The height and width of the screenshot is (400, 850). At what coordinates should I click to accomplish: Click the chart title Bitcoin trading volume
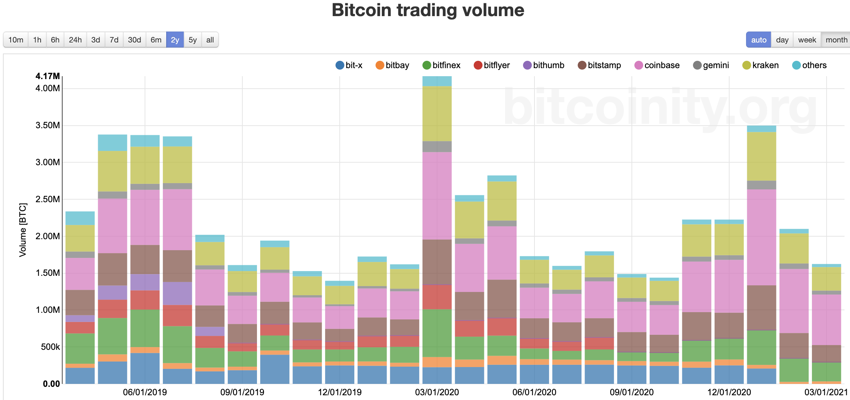[x=428, y=10]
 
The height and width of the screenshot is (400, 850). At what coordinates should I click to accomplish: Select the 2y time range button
[x=175, y=40]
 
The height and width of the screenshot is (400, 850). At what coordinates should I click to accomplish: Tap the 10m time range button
[x=16, y=40]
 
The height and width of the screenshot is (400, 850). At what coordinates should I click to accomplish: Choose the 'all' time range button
[x=210, y=40]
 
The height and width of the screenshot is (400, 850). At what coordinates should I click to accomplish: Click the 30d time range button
[x=134, y=40]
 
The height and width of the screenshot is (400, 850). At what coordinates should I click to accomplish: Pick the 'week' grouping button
[x=807, y=40]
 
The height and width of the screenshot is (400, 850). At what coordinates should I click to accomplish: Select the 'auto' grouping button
[x=758, y=40]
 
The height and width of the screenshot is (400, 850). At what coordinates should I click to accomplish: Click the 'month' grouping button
[x=836, y=40]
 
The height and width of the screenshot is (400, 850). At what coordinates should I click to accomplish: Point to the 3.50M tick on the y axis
[x=48, y=125]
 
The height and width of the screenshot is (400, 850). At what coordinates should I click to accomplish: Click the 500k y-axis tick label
[x=50, y=347]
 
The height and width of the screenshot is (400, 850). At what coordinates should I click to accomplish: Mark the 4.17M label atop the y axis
[x=48, y=76]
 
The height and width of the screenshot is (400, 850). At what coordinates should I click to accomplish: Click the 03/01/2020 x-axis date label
[x=437, y=392]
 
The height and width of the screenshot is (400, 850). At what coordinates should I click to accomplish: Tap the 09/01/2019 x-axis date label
[x=242, y=392]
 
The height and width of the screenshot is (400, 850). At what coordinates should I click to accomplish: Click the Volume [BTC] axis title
[x=23, y=230]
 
